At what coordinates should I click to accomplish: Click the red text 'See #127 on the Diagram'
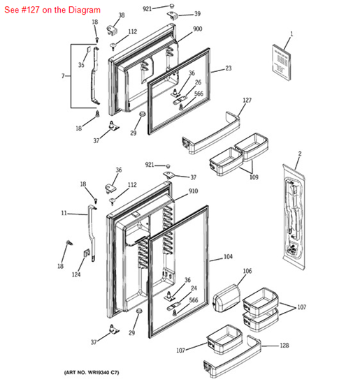(x=52, y=11)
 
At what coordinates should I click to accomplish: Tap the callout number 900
(x=197, y=29)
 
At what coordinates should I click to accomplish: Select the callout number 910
(x=193, y=191)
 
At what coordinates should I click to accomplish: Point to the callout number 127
(x=246, y=100)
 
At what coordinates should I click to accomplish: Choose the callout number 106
(x=247, y=271)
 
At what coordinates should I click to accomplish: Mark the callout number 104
(x=227, y=257)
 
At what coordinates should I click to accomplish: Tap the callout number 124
(x=75, y=274)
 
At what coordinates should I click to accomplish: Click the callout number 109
(x=253, y=177)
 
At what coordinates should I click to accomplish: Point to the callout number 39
(x=197, y=14)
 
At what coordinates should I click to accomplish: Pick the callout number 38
(x=121, y=15)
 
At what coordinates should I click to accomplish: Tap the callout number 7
(x=63, y=75)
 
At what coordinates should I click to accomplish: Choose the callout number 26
(x=198, y=82)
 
